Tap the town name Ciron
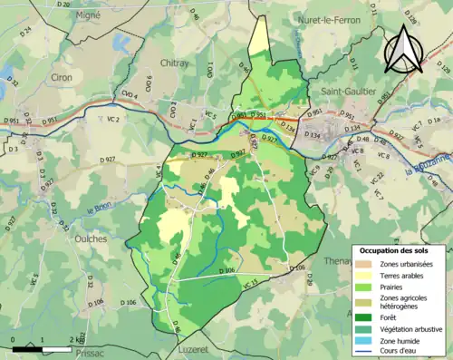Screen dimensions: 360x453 [x=62, y=78]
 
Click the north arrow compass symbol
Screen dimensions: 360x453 [x=404, y=49]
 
